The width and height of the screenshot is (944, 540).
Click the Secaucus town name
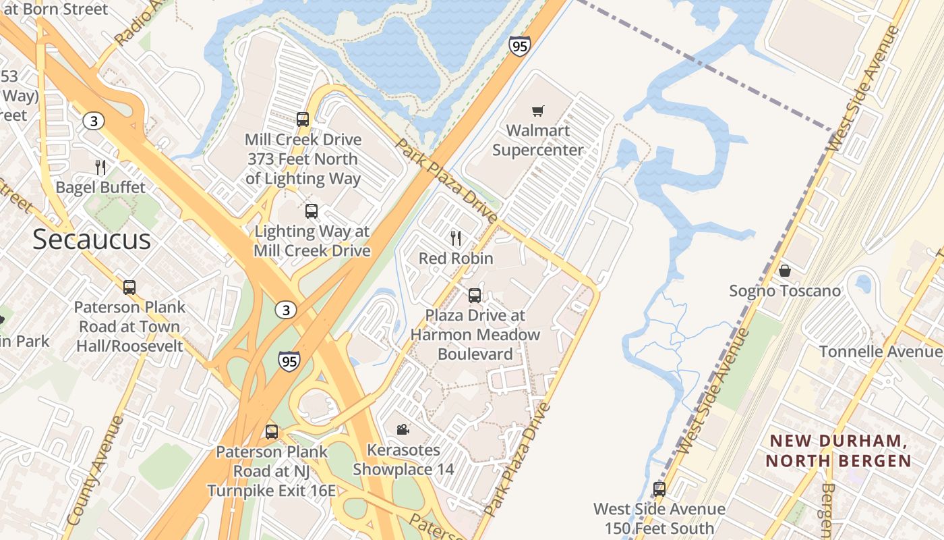pos(92,240)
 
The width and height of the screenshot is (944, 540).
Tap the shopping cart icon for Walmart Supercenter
pos(537,111)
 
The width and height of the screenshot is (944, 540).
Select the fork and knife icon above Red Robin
pos(456,238)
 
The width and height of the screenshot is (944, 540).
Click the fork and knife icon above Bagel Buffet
pos(100,167)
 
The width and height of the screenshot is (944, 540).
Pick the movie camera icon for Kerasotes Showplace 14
pos(403,429)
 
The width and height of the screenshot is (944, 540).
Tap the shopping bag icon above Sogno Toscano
pos(784,271)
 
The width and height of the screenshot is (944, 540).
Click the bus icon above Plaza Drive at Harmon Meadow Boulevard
pos(475,295)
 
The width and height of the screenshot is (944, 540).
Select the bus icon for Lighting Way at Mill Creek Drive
pos(312,211)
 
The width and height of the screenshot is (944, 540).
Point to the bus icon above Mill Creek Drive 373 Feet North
pos(303,119)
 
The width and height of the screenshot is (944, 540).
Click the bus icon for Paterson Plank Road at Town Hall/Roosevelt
pos(129,288)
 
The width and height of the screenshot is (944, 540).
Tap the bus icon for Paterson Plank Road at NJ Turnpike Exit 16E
pos(272,431)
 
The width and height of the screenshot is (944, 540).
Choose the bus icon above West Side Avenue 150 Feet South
pos(659,489)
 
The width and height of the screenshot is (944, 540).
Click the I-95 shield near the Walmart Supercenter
pos(519,46)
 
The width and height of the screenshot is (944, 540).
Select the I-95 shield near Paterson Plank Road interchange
pos(289,360)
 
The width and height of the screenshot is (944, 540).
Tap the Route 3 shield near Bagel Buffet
pos(93,121)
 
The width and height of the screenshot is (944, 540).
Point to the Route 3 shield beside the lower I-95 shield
pos(285,310)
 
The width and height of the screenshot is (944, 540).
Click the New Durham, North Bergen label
pos(840,451)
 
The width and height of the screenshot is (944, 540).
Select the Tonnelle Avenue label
pos(881,352)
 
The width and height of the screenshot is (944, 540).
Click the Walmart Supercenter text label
pos(537,140)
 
